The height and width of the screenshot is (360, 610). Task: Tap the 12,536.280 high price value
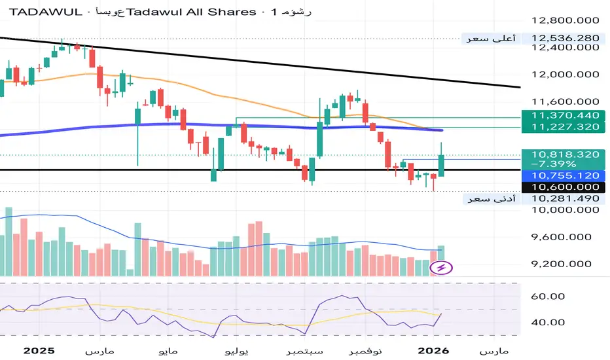[x=565, y=38]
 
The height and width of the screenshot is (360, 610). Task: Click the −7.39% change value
[x=553, y=164]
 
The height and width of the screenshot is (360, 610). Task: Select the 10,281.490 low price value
[x=565, y=198]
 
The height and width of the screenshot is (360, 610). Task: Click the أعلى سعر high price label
[x=491, y=39]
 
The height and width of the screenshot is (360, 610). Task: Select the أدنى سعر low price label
[x=491, y=198]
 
